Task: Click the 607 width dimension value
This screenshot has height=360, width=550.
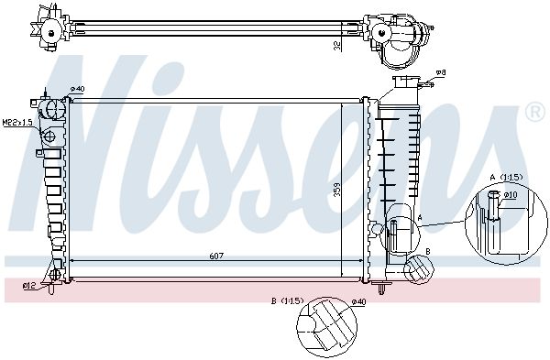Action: (216, 256)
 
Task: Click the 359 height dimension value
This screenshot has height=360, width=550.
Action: (337, 190)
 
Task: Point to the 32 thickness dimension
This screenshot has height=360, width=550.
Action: (337, 46)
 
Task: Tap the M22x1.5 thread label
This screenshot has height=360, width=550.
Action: (17, 123)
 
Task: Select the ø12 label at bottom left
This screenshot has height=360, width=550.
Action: (28, 286)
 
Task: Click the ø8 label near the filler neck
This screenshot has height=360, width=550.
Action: (441, 72)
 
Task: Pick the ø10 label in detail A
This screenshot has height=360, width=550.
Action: (511, 195)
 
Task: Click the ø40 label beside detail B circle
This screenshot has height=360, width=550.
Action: (358, 301)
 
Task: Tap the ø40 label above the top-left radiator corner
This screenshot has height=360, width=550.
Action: (77, 89)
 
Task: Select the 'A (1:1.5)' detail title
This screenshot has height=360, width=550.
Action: (506, 178)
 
